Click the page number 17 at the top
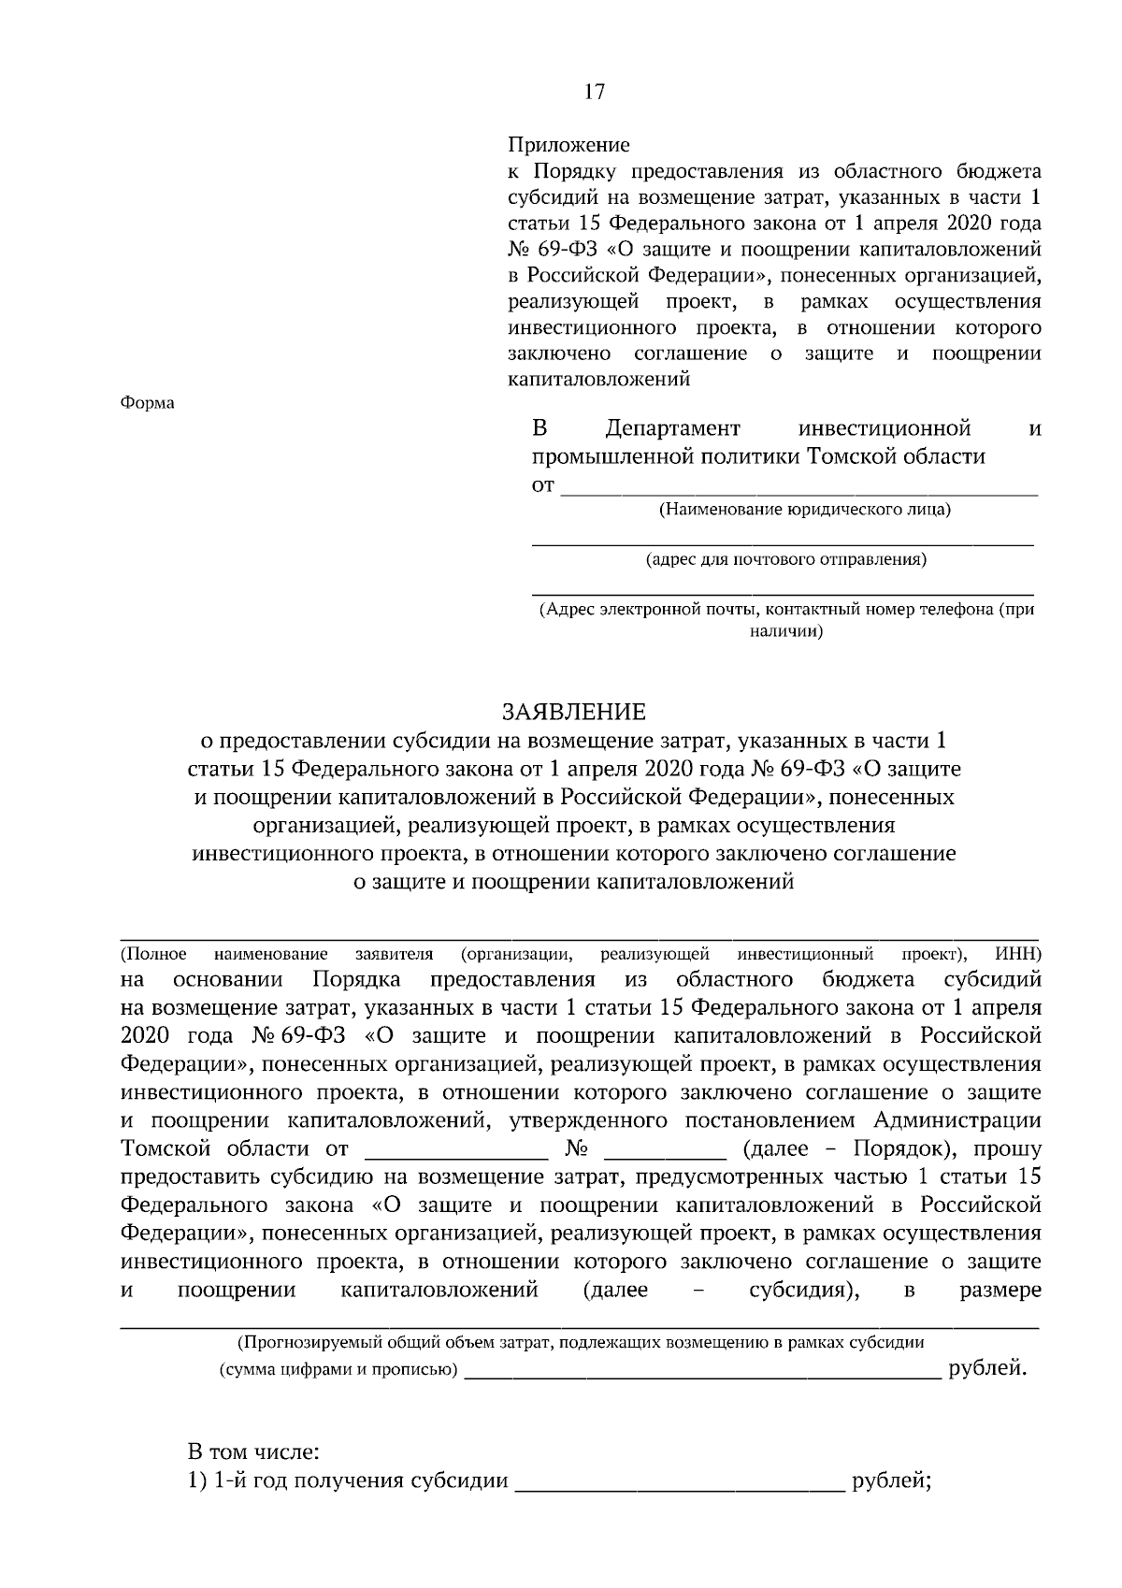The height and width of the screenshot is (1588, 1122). pyautogui.click(x=595, y=92)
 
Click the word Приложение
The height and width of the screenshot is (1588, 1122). pyautogui.click(x=568, y=145)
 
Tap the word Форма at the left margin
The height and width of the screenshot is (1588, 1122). pyautogui.click(x=148, y=403)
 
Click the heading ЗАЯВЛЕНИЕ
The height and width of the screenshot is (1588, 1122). pyautogui.click(x=574, y=713)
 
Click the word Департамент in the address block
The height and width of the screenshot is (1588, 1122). pyautogui.click(x=672, y=429)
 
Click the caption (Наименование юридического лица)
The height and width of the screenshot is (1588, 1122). pyautogui.click(x=805, y=510)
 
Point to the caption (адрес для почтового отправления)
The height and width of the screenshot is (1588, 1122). pyautogui.click(x=786, y=560)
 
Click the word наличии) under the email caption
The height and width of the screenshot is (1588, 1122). pyautogui.click(x=786, y=631)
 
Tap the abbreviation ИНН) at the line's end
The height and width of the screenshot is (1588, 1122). pyautogui.click(x=1018, y=955)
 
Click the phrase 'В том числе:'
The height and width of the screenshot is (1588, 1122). pyautogui.click(x=253, y=1452)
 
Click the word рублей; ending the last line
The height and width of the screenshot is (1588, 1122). pyautogui.click(x=890, y=1481)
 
